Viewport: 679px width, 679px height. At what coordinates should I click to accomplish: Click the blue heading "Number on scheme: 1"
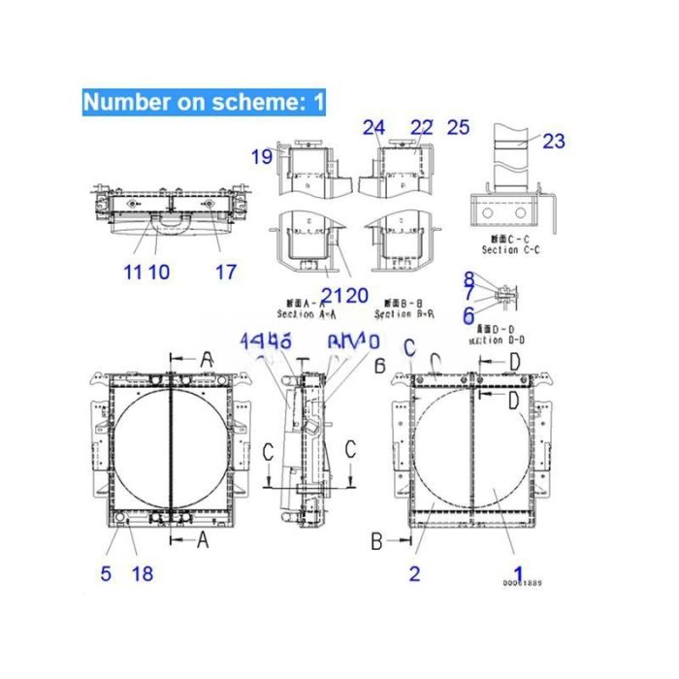203,102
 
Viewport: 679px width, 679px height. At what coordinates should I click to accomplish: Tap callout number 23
553,142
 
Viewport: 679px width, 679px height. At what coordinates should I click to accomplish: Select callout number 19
262,156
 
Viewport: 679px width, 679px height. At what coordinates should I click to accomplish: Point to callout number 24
373,127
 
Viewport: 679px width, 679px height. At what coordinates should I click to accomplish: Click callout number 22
421,127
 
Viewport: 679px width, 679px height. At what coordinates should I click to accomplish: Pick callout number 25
458,127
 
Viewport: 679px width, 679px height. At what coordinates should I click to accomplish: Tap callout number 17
225,273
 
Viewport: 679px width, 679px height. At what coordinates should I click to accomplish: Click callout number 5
106,573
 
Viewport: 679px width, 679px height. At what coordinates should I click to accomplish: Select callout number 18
142,573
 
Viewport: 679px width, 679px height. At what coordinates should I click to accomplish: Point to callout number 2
414,573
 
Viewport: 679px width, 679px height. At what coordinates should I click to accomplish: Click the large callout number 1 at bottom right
518,573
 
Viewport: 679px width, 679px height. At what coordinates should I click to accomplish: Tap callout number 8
469,278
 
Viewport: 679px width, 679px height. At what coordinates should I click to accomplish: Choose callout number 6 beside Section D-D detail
468,314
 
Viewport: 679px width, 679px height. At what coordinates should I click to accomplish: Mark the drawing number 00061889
522,583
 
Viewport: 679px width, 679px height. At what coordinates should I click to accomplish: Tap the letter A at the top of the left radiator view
206,360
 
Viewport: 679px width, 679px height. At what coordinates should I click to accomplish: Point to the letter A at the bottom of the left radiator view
203,541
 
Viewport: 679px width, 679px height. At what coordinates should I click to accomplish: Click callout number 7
469,294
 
